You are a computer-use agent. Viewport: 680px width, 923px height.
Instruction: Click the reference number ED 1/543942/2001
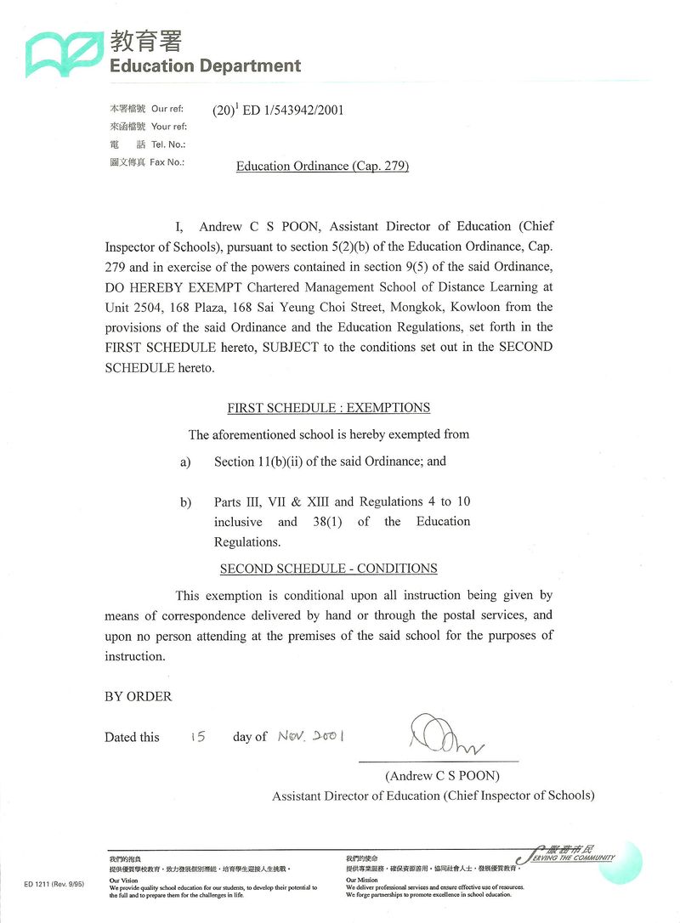coord(292,110)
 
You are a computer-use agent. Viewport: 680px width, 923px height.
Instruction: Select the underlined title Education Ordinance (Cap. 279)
coord(322,166)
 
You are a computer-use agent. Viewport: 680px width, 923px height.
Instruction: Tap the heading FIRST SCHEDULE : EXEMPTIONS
coord(328,408)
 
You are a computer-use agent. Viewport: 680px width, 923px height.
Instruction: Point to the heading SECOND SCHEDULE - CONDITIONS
coord(328,569)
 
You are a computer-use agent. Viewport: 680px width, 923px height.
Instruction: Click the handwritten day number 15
coord(197,736)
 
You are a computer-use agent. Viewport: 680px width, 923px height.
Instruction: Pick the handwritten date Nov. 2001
coord(310,736)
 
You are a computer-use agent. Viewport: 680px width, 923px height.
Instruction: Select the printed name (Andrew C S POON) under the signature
coord(442,776)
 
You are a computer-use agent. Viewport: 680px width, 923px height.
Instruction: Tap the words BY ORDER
coord(138,697)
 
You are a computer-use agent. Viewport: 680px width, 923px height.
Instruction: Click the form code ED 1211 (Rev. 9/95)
coord(54,885)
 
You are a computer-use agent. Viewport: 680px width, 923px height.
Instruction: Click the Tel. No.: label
coord(167,144)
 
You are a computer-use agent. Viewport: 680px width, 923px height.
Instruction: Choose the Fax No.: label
coord(167,161)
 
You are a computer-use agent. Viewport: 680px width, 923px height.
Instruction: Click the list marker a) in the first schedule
coord(184,462)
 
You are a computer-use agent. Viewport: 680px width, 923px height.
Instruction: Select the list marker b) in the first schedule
coord(185,502)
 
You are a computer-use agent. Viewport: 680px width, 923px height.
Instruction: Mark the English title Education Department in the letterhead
coord(205,65)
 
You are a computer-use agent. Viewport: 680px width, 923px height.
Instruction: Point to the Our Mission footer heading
coord(362,881)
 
